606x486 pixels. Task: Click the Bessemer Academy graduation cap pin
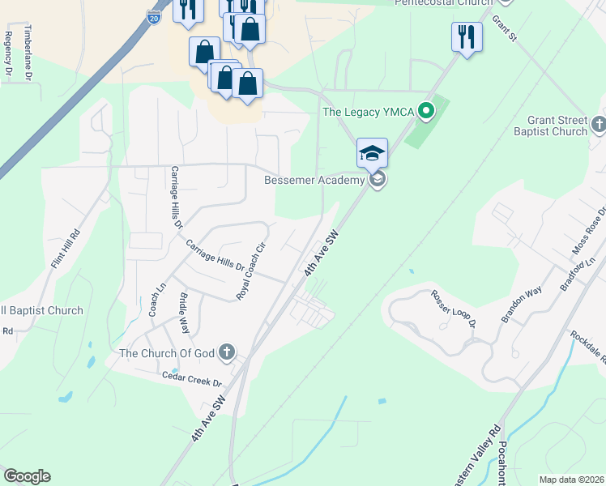click(x=373, y=152)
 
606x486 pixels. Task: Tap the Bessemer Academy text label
click(x=314, y=180)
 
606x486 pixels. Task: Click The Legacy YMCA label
click(x=367, y=113)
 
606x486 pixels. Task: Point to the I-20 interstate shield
click(x=154, y=17)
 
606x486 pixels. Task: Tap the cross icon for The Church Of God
click(x=227, y=353)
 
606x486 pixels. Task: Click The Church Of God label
click(x=168, y=353)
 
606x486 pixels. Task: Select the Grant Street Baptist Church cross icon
click(x=599, y=124)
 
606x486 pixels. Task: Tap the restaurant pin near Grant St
click(x=467, y=36)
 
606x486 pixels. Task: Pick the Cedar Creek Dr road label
click(x=192, y=377)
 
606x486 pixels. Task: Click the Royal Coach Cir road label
click(x=250, y=272)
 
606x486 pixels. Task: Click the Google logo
click(x=27, y=476)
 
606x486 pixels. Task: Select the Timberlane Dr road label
click(x=28, y=52)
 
